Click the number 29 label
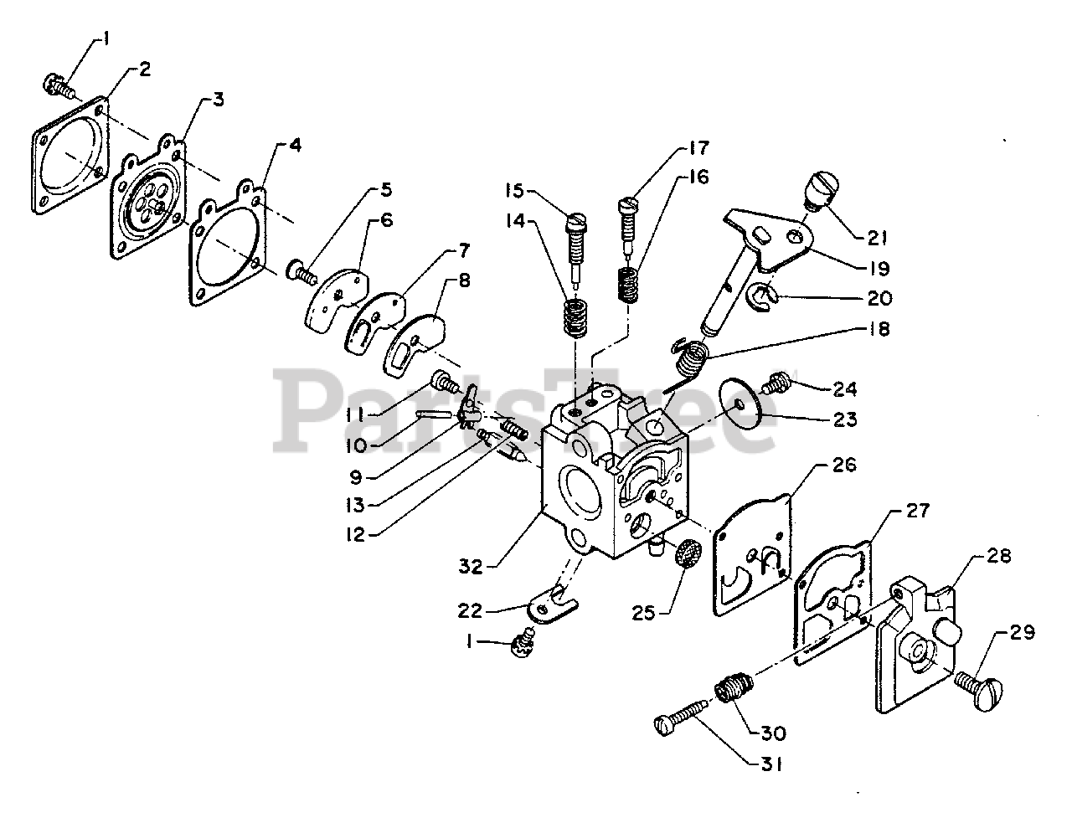tap(1023, 633)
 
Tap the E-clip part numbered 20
tap(765, 296)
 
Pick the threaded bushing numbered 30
tap(731, 693)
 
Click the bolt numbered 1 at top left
tap(58, 84)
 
